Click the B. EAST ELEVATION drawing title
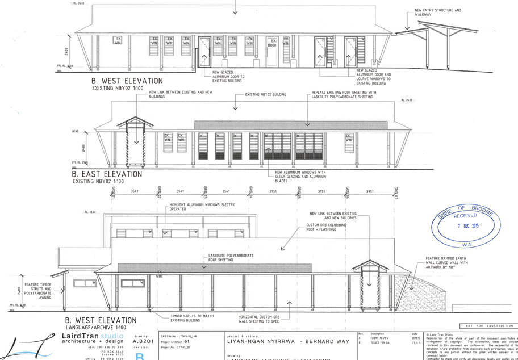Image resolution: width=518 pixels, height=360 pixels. coord(107,174)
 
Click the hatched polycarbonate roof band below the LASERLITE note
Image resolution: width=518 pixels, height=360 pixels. coord(214,267)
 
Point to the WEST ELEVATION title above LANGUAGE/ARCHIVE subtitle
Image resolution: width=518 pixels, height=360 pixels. coord(101,320)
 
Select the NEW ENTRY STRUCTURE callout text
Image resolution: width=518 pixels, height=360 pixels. coord(437,11)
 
